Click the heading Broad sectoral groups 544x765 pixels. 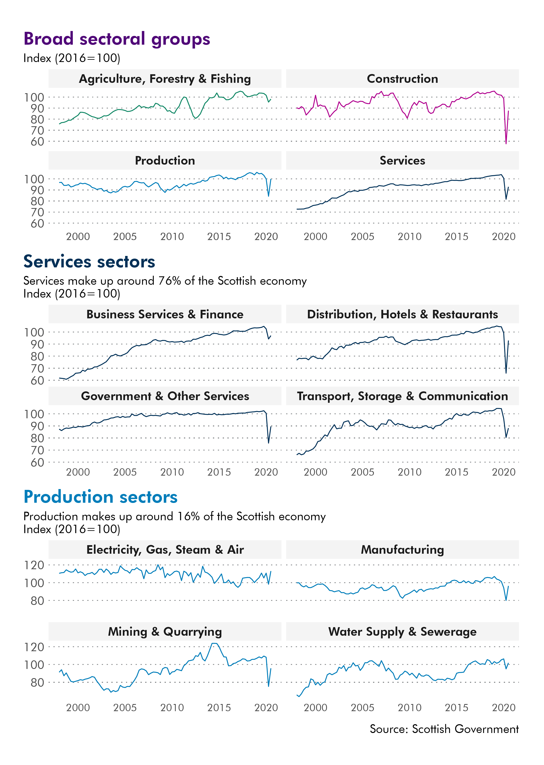tap(117, 39)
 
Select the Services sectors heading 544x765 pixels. tap(89, 262)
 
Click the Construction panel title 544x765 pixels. tap(402, 79)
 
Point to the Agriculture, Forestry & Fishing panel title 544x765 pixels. tap(165, 79)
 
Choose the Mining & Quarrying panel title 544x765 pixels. tap(165, 632)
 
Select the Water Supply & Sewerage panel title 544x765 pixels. tap(402, 632)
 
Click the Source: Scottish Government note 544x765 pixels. tap(444, 729)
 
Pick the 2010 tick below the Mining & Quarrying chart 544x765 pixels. tap(172, 708)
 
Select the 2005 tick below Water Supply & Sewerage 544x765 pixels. tap(362, 708)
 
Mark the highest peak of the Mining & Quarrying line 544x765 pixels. tap(214, 643)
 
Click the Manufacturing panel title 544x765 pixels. tap(402, 550)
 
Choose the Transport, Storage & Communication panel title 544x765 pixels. tap(402, 396)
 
